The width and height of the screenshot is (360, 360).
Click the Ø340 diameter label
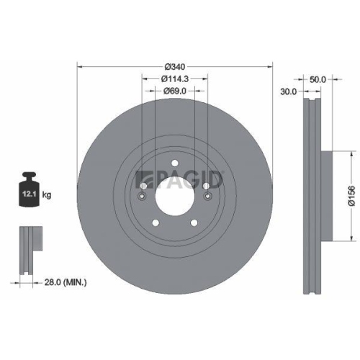click(x=175, y=66)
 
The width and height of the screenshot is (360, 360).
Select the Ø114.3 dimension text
click(x=175, y=78)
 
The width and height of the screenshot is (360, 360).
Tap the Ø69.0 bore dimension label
click(x=175, y=91)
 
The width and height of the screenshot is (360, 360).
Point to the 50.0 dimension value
click(x=318, y=79)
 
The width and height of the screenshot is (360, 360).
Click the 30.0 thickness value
click(x=289, y=91)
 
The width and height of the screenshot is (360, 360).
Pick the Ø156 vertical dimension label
click(x=351, y=196)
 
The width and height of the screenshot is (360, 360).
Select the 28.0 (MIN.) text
click(x=66, y=282)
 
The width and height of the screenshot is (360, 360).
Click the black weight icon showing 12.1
click(x=29, y=189)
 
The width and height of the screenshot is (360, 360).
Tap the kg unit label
click(x=47, y=195)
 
